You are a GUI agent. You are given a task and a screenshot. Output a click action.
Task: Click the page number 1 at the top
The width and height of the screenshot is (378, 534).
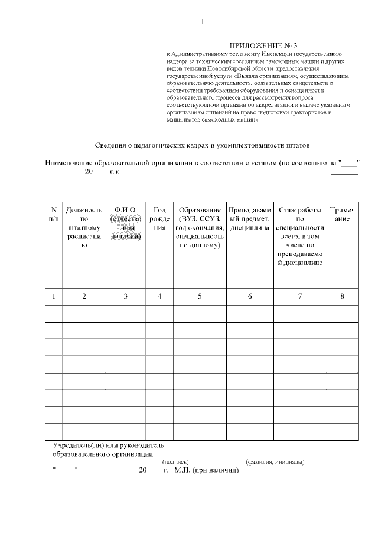pyautogui.click(x=203, y=22)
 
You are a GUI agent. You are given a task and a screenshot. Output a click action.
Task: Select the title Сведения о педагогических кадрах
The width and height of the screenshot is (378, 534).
pyautogui.click(x=202, y=145)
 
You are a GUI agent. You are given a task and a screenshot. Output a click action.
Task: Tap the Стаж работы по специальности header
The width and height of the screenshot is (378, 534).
pyautogui.click(x=300, y=236)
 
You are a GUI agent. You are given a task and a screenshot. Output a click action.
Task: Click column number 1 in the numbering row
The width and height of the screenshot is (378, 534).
pyautogui.click(x=54, y=296)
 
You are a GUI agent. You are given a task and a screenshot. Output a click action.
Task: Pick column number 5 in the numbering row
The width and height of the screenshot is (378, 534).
pyautogui.click(x=200, y=296)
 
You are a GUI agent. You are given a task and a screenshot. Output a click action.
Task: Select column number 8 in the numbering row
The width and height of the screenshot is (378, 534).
pyautogui.click(x=342, y=296)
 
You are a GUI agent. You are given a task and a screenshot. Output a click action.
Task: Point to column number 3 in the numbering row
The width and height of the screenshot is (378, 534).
pyautogui.click(x=126, y=296)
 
